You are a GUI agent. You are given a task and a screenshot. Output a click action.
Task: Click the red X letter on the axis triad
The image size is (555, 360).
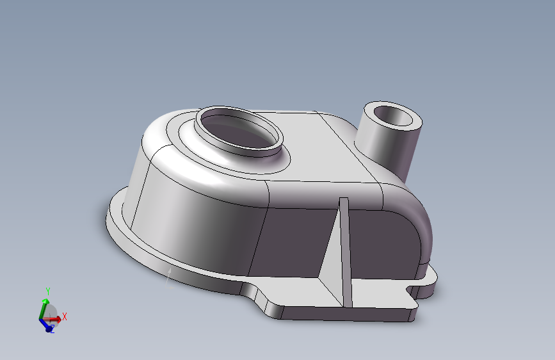(65, 316)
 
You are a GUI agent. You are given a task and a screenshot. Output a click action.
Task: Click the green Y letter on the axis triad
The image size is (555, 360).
(47, 291)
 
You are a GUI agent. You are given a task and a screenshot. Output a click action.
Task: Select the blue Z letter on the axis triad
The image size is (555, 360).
(52, 330)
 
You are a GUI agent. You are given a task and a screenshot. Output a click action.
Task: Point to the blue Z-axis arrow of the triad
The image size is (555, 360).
(46, 325)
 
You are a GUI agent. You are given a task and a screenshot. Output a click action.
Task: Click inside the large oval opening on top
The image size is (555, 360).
(238, 131)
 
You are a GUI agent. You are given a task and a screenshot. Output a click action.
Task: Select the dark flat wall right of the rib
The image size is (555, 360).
(384, 243)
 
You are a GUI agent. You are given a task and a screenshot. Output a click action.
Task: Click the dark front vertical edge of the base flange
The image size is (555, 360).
(346, 313)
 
